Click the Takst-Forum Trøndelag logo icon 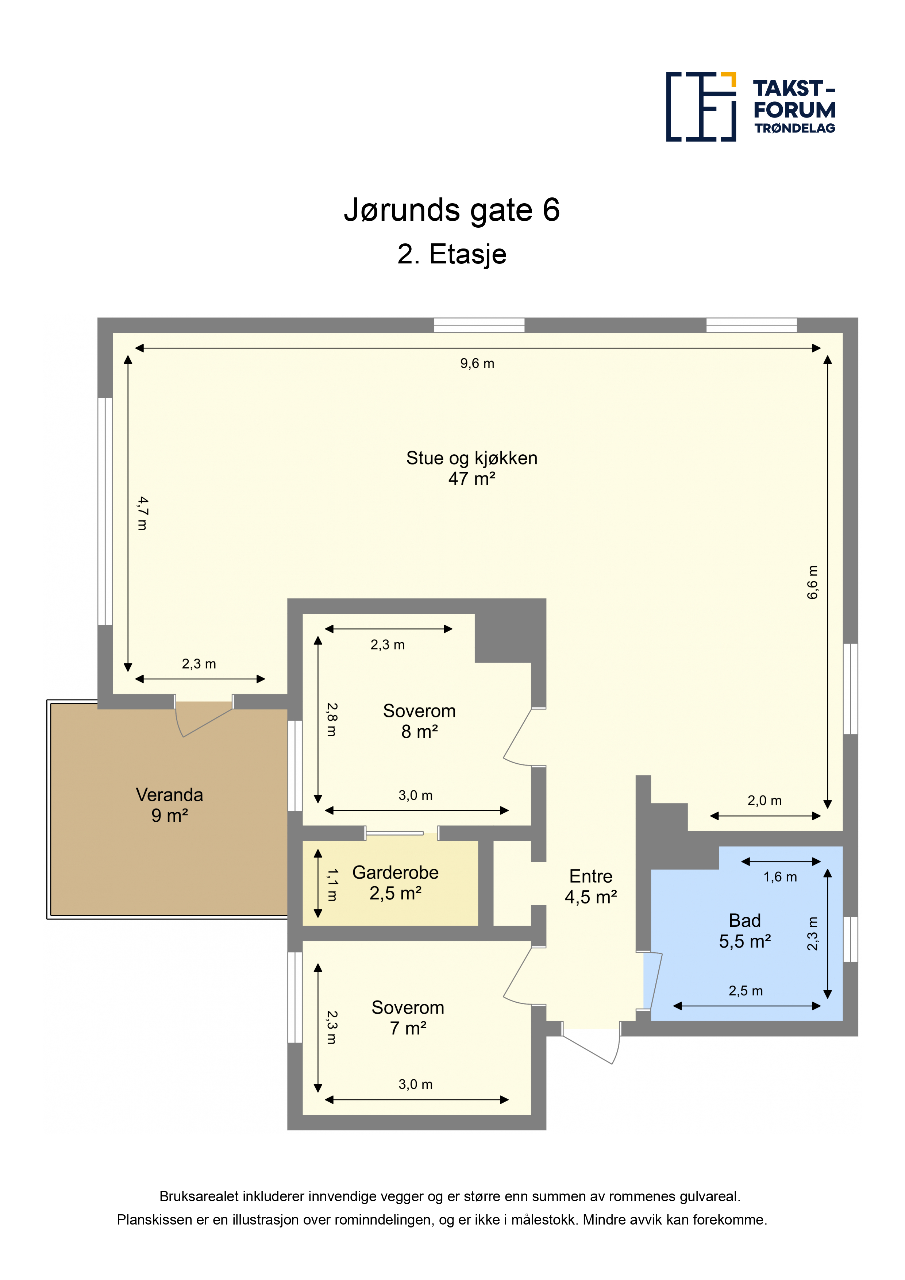point(701,107)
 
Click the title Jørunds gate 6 point(452,210)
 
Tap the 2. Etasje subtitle point(452,254)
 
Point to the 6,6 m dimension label point(813,582)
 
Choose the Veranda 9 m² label point(170,805)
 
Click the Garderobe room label point(395,872)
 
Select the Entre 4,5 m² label point(591,886)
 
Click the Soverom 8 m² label point(419,721)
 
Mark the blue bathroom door point(653,981)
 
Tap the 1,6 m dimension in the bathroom point(780,877)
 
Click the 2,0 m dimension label point(765,801)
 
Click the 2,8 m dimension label point(332,719)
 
